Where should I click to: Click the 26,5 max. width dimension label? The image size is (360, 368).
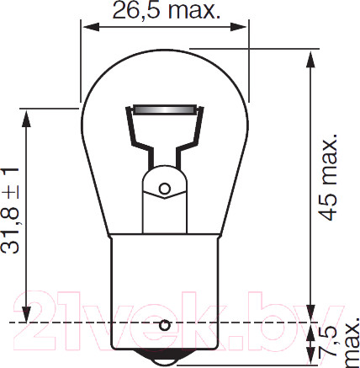click(x=166, y=10)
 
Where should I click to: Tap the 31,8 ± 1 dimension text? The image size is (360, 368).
click(x=10, y=211)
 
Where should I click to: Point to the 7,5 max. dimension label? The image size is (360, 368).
click(x=340, y=343)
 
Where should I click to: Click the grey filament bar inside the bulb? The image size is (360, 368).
click(x=164, y=109)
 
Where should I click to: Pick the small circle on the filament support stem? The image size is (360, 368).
click(x=165, y=189)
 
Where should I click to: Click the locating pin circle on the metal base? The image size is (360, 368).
click(x=165, y=325)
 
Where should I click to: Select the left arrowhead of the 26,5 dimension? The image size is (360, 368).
click(x=92, y=27)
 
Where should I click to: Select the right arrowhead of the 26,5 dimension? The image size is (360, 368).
click(x=238, y=27)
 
